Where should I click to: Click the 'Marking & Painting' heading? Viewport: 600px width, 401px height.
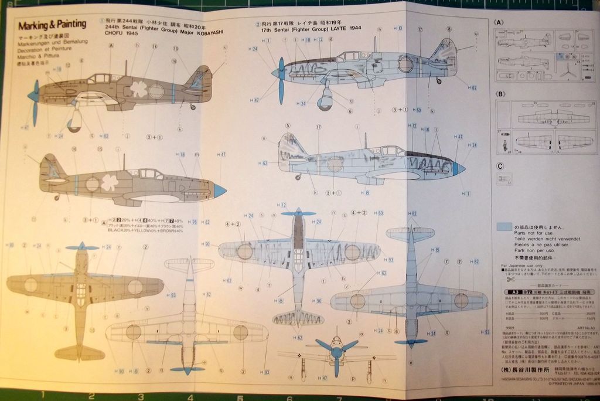[x=52, y=25]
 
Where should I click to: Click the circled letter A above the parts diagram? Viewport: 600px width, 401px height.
[x=499, y=22]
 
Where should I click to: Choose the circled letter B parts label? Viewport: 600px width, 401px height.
[x=500, y=94]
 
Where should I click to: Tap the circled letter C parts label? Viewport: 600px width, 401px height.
[x=500, y=166]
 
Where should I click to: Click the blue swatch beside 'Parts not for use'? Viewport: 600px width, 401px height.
[x=503, y=226]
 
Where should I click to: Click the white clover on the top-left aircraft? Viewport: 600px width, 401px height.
[x=139, y=89]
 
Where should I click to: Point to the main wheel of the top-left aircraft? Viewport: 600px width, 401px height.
[x=74, y=124]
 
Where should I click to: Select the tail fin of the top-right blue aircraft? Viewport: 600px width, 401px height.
[x=446, y=52]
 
